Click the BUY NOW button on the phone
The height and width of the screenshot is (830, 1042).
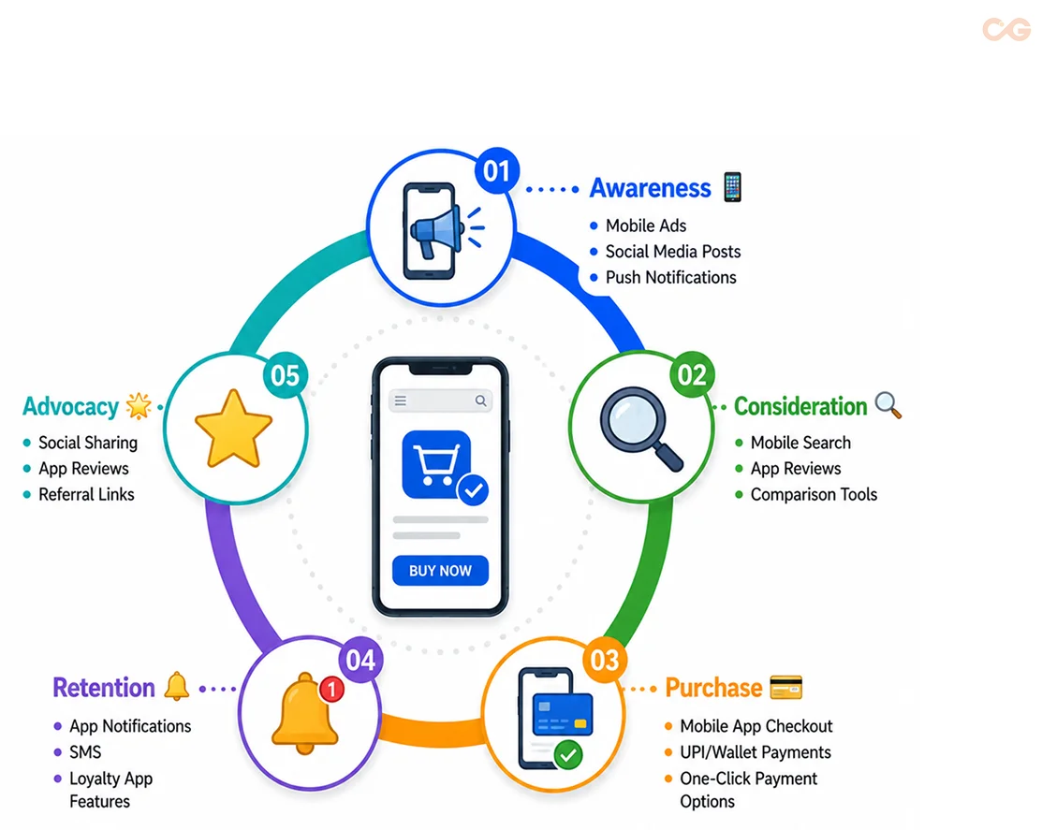pyautogui.click(x=440, y=571)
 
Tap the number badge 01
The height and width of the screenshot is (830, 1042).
pyautogui.click(x=496, y=170)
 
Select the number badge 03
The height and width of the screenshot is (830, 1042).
pyautogui.click(x=604, y=660)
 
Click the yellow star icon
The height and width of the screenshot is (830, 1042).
pyautogui.click(x=233, y=429)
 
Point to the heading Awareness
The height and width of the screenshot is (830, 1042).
pyautogui.click(x=650, y=188)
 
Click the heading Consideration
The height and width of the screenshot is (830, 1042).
pyautogui.click(x=800, y=406)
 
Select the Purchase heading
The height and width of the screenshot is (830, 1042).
pyautogui.click(x=713, y=688)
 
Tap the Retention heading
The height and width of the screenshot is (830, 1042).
pyautogui.click(x=104, y=688)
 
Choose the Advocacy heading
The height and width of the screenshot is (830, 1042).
pyautogui.click(x=70, y=406)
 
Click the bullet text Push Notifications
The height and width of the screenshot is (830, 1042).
pyautogui.click(x=670, y=278)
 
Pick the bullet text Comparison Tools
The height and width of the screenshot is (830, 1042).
pyautogui.click(x=814, y=495)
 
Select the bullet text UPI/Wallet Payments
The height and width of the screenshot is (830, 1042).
pyautogui.click(x=755, y=752)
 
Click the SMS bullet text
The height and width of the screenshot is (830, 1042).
pyautogui.click(x=85, y=752)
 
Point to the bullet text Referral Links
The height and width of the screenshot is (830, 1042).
pyautogui.click(x=86, y=495)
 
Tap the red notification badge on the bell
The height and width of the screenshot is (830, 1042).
pyautogui.click(x=331, y=690)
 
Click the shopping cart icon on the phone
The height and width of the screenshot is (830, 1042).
pyautogui.click(x=436, y=463)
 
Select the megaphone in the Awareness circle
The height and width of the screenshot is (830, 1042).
pyautogui.click(x=436, y=231)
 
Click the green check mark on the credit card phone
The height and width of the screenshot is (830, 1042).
pyautogui.click(x=568, y=754)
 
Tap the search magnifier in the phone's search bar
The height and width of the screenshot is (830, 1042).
pyautogui.click(x=480, y=400)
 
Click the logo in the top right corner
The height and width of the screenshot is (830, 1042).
pyautogui.click(x=1006, y=30)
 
